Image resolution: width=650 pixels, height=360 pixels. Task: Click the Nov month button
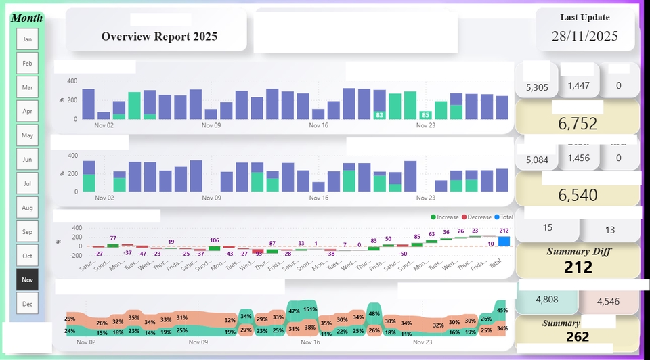click(x=28, y=279)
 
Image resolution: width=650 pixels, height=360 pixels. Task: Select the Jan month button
click(x=28, y=39)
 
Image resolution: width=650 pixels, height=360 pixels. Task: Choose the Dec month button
click(x=28, y=304)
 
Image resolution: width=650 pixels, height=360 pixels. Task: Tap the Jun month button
click(x=28, y=159)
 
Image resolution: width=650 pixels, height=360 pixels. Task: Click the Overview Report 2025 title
click(x=159, y=37)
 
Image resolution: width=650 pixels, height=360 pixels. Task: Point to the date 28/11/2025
click(x=585, y=37)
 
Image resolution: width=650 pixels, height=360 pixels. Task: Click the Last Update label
click(x=585, y=18)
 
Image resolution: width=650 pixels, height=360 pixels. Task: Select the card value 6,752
click(x=578, y=123)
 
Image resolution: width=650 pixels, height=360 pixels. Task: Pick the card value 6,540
click(x=578, y=196)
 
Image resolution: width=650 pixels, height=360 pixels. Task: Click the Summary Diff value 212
click(x=578, y=267)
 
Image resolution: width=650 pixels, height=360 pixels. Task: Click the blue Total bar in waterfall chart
click(x=504, y=242)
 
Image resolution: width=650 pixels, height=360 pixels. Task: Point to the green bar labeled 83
click(x=379, y=116)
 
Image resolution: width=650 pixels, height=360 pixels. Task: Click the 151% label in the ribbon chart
click(x=310, y=309)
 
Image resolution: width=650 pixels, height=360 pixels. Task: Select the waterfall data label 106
click(x=215, y=241)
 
